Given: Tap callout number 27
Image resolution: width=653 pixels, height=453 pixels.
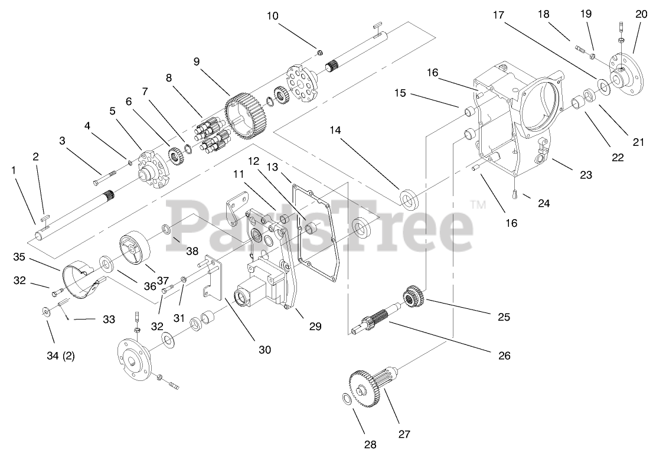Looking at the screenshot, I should pos(404,434).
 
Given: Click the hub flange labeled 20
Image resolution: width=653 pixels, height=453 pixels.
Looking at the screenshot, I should pos(626,72).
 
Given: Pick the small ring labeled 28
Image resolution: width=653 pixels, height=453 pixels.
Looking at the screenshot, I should pos(348,400).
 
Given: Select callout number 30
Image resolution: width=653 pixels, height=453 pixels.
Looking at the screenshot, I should pos(265,350).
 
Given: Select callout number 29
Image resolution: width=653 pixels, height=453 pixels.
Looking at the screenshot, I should pos(316,325).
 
